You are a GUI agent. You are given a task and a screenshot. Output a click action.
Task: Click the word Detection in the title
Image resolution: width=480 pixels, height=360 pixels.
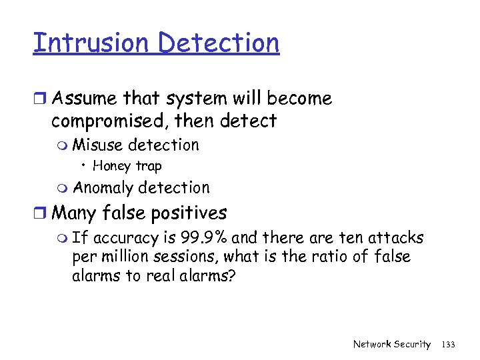pyautogui.click(x=219, y=43)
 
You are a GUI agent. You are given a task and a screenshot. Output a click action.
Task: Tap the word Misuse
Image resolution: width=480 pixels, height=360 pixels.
pyautogui.click(x=98, y=145)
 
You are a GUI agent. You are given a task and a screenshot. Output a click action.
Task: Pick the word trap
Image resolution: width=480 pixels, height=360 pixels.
pyautogui.click(x=148, y=167)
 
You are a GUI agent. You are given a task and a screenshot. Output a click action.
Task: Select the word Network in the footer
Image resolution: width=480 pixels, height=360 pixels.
pyautogui.click(x=372, y=344)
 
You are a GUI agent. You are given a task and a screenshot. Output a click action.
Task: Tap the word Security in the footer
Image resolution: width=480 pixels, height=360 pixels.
pyautogui.click(x=412, y=344)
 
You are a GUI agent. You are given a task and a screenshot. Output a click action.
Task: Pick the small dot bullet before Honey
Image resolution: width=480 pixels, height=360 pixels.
pyautogui.click(x=85, y=166)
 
